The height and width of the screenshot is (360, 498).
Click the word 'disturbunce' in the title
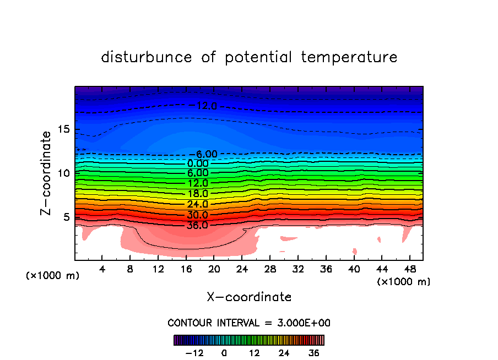click(x=147, y=57)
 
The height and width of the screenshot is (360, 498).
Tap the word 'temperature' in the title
click(x=350, y=57)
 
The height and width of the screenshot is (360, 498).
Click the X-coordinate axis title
click(x=249, y=297)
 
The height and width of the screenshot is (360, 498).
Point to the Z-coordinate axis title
click(x=47, y=173)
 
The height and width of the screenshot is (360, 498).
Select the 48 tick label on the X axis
click(x=409, y=270)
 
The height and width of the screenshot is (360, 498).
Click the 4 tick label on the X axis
click(x=102, y=270)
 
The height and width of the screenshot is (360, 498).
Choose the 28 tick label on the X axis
click(x=269, y=270)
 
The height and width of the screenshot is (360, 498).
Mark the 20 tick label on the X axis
click(x=214, y=270)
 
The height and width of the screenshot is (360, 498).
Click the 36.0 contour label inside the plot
click(x=197, y=225)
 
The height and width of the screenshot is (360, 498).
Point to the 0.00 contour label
click(x=198, y=163)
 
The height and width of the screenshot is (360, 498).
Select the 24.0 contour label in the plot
click(x=197, y=204)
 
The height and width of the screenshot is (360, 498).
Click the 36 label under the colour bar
click(x=314, y=353)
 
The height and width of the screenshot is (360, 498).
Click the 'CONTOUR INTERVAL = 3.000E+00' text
click(x=249, y=323)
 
